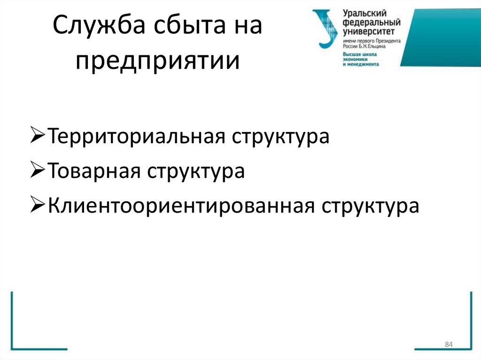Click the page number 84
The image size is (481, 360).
(x=448, y=345)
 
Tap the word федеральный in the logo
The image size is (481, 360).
(x=372, y=23)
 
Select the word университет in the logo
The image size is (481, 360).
(x=369, y=31)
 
